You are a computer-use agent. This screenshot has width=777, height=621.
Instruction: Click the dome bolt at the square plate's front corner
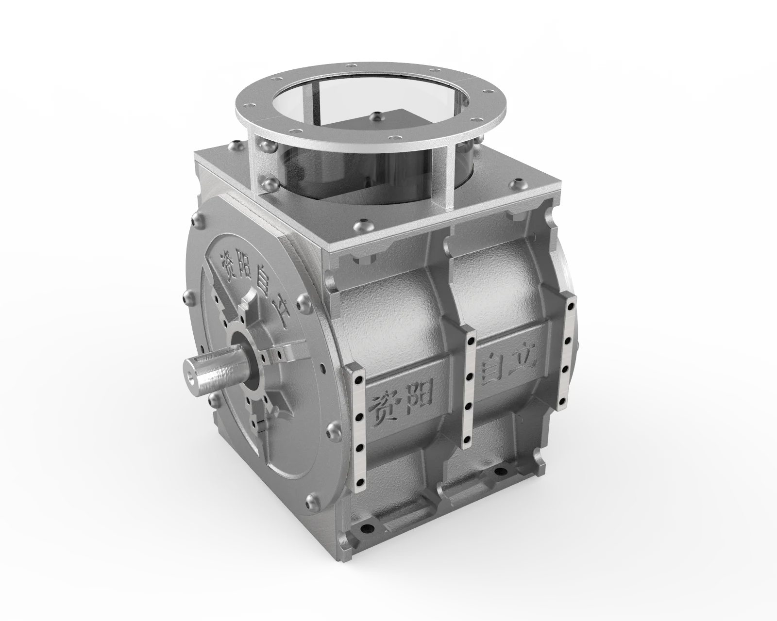362,225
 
